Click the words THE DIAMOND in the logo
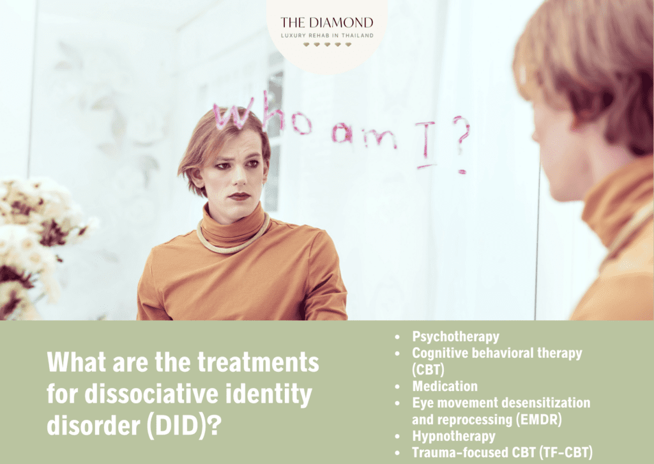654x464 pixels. coord(326,22)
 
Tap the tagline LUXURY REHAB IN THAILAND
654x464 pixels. coord(326,35)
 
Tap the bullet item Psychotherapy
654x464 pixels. coord(455,336)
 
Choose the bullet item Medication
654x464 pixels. coord(445,386)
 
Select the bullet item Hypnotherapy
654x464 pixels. coord(453,436)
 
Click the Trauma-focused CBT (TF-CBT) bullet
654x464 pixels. coord(502,452)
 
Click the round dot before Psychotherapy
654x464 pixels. coord(399,336)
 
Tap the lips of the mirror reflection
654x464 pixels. coord(240,196)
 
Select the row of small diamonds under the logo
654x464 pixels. coord(326,45)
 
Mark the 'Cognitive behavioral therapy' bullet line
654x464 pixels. coord(497,353)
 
